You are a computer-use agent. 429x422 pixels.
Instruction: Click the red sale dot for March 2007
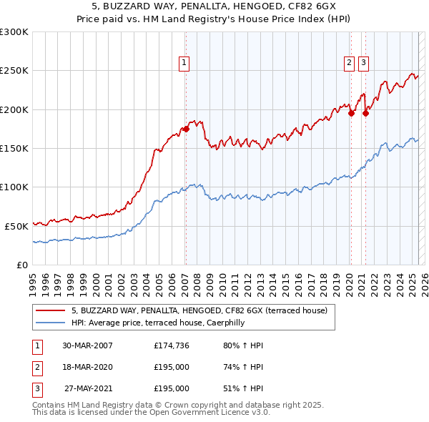[186, 129]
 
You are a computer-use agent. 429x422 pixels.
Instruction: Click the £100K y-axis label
[14, 187]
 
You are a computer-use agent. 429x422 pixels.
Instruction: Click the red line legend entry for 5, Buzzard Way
[199, 310]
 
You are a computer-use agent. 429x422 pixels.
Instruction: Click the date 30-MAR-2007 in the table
[88, 345]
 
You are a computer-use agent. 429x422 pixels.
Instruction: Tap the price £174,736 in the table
[172, 345]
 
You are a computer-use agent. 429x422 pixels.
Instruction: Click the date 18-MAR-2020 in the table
[88, 367]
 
